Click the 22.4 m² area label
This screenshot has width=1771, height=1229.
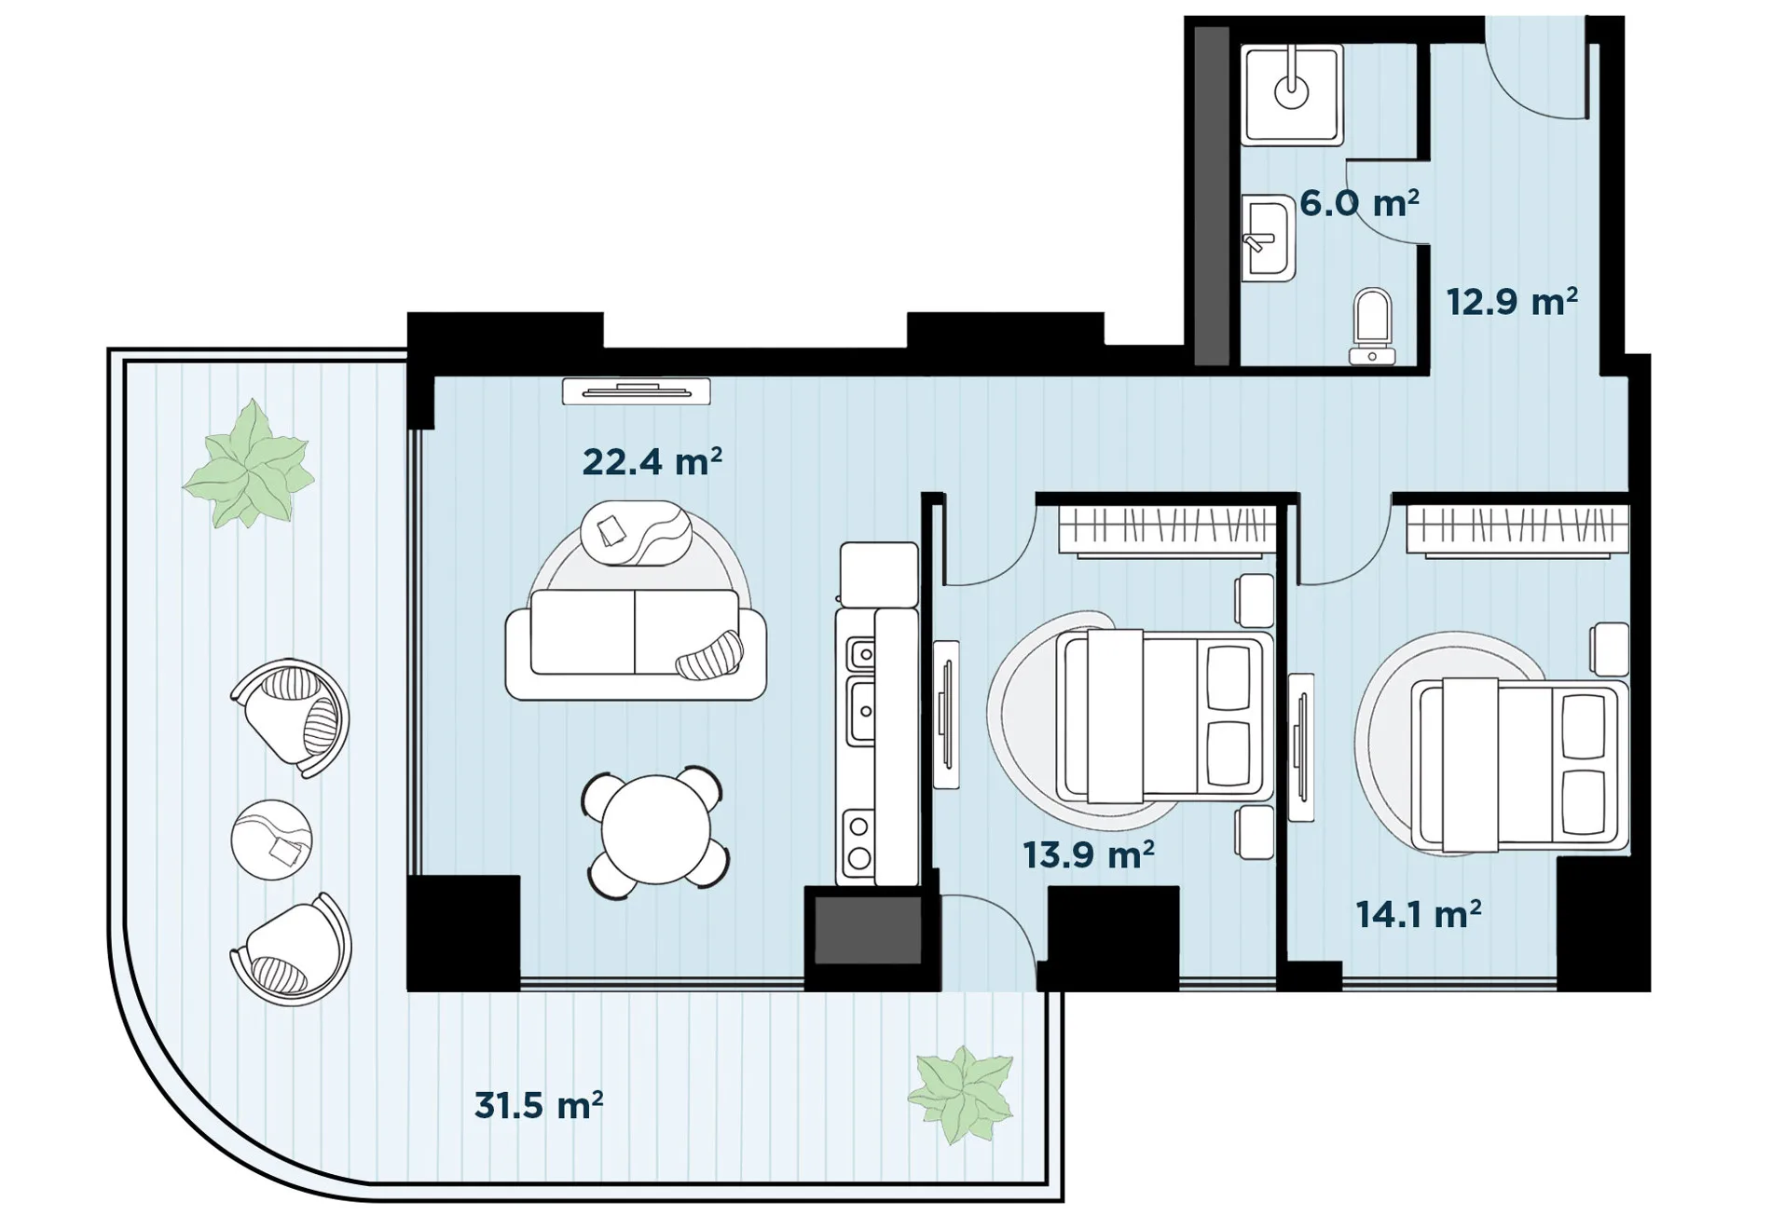(652, 462)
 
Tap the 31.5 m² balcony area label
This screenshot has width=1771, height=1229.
(539, 1106)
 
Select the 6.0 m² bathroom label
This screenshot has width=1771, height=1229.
(1359, 203)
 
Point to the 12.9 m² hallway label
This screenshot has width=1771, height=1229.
(1512, 302)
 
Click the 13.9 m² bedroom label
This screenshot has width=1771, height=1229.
(1089, 854)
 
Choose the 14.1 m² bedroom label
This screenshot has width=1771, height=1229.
(1419, 914)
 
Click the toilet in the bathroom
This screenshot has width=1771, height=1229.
(1372, 326)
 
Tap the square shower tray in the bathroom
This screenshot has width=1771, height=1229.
(1292, 95)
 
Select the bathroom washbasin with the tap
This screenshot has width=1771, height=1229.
(1269, 239)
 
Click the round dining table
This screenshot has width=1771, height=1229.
(655, 830)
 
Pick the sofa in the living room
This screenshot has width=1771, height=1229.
(636, 644)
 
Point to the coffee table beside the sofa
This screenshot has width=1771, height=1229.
(636, 533)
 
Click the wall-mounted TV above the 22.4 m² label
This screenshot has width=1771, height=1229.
(637, 391)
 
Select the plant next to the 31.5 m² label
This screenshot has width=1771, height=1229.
(961, 1095)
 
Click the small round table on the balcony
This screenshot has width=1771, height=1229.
(271, 840)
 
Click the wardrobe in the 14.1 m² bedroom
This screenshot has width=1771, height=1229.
(1517, 531)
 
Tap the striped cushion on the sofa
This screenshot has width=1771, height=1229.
(710, 656)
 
